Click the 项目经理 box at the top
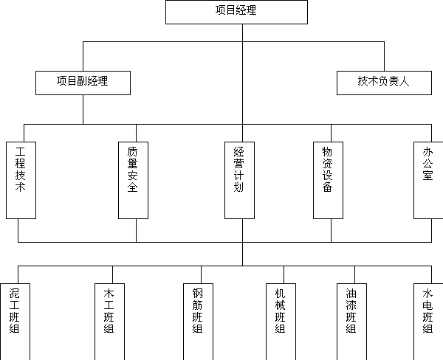click(x=236, y=12)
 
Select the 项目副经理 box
click(x=83, y=83)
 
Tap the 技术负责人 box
click(x=384, y=83)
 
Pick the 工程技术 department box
click(x=21, y=180)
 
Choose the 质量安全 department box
click(x=133, y=180)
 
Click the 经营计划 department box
click(x=239, y=180)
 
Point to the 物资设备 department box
click(x=328, y=180)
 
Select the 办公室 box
click(x=428, y=180)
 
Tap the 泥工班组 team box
click(x=15, y=322)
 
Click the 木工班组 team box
click(x=109, y=322)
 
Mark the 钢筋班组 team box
click(x=198, y=322)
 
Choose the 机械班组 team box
click(x=281, y=322)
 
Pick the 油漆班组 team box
click(x=351, y=322)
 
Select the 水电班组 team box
click(x=428, y=322)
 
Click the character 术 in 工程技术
click(x=21, y=187)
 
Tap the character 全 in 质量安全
click(x=132, y=187)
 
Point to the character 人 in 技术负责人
click(x=404, y=81)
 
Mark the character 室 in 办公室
click(x=427, y=176)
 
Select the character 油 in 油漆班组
click(x=351, y=294)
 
